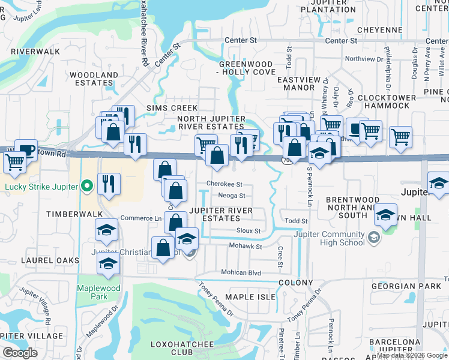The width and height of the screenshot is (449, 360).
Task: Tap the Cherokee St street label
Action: click(x=224, y=184)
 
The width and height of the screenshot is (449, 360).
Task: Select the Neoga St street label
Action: click(x=232, y=196)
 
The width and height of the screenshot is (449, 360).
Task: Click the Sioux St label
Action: click(x=249, y=230)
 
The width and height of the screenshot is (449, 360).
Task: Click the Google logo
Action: click(x=20, y=353)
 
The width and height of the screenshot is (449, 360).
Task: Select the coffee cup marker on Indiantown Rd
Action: click(x=26, y=150)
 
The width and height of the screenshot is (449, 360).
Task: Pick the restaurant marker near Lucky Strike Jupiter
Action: click(x=109, y=184)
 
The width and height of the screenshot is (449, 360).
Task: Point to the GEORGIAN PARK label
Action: click(x=401, y=287)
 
